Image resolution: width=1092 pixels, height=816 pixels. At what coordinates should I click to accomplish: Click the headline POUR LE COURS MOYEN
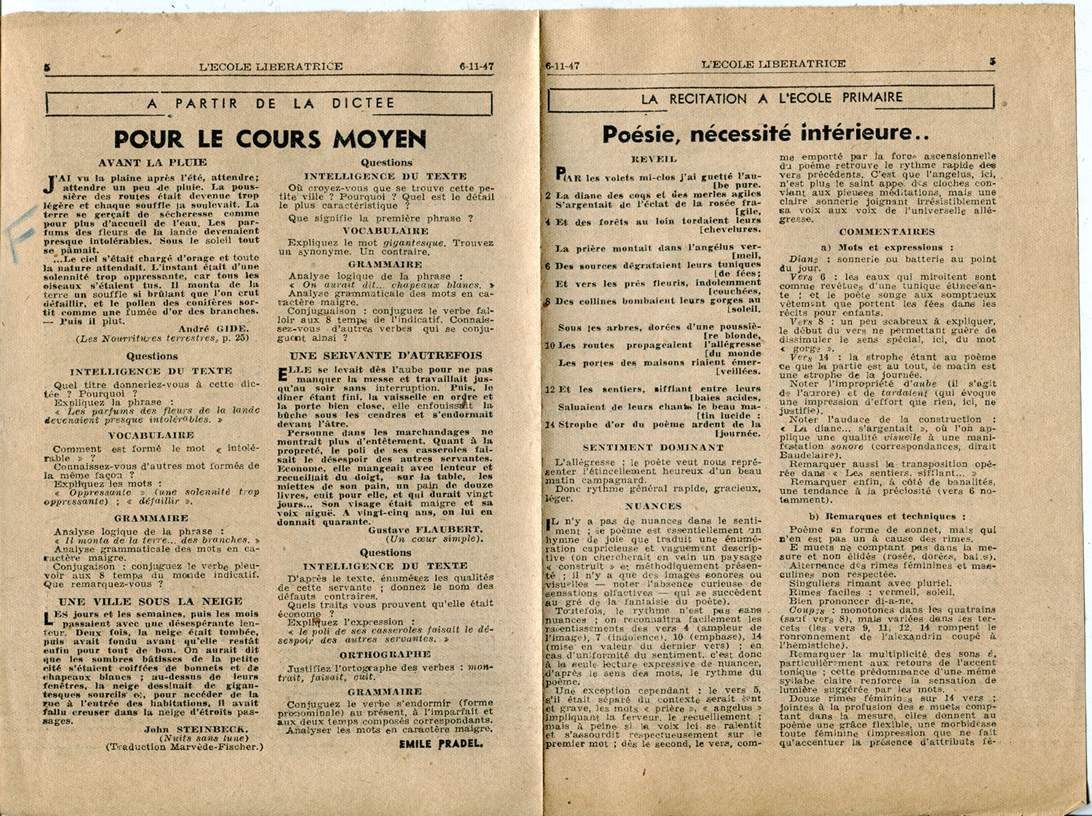pyautogui.click(x=270, y=139)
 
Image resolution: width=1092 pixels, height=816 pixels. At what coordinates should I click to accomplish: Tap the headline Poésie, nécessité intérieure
pyautogui.click(x=766, y=133)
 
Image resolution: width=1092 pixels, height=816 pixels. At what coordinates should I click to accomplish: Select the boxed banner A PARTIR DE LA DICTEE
pyautogui.click(x=270, y=103)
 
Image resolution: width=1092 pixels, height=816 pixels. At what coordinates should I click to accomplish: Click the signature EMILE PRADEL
pyautogui.click(x=441, y=743)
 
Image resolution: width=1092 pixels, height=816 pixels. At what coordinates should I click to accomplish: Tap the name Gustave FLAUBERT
pyautogui.click(x=425, y=530)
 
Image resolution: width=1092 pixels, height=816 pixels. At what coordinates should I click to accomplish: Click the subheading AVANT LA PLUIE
pyautogui.click(x=152, y=163)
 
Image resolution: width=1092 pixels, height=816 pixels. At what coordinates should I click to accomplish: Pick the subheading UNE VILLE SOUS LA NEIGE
pyautogui.click(x=150, y=601)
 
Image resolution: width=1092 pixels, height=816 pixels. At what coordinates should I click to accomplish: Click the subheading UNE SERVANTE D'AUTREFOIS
pyautogui.click(x=386, y=355)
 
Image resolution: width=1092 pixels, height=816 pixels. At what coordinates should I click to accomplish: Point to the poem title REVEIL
pyautogui.click(x=654, y=158)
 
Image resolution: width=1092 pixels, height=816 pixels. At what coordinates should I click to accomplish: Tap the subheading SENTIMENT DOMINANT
pyautogui.click(x=653, y=447)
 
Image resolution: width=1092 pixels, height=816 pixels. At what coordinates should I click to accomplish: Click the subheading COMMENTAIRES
pyautogui.click(x=887, y=231)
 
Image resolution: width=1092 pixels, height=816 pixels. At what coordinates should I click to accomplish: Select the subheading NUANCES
pyautogui.click(x=653, y=507)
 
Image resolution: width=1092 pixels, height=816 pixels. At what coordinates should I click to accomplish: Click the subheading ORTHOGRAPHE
pyautogui.click(x=385, y=654)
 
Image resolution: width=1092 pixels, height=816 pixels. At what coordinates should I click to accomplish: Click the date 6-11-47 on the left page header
pyautogui.click(x=476, y=66)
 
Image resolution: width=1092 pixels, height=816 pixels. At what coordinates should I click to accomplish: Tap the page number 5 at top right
pyautogui.click(x=993, y=61)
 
